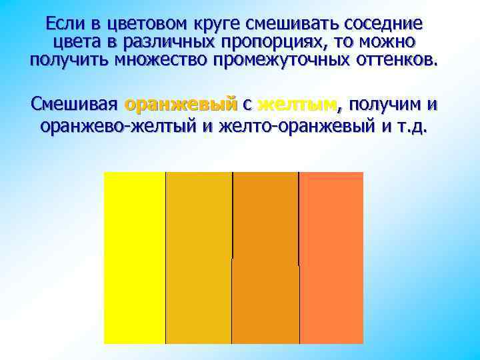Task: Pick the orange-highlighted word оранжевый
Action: click(x=181, y=105)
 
